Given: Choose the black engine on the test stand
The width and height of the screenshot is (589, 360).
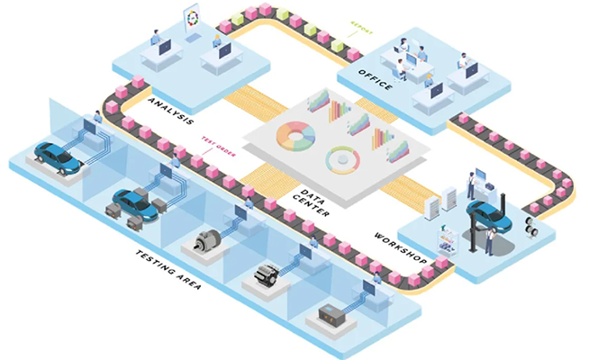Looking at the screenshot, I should [x=268, y=275].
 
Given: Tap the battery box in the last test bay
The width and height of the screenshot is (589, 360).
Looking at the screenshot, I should [x=335, y=315].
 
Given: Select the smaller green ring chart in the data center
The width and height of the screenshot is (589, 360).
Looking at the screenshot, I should [x=343, y=159].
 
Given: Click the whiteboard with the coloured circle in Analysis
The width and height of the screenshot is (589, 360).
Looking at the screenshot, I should [x=194, y=22].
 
